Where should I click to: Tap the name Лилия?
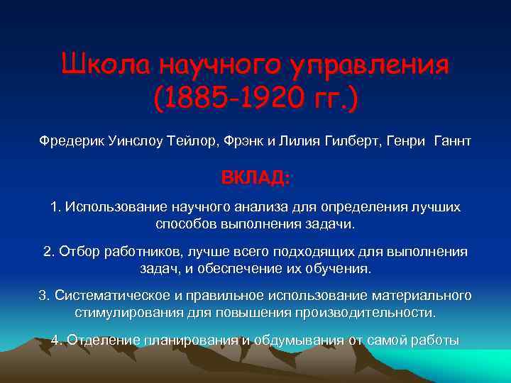(296, 142)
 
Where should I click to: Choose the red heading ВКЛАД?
(255, 177)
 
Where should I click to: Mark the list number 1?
(55, 207)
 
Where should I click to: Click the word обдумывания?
(299, 340)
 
